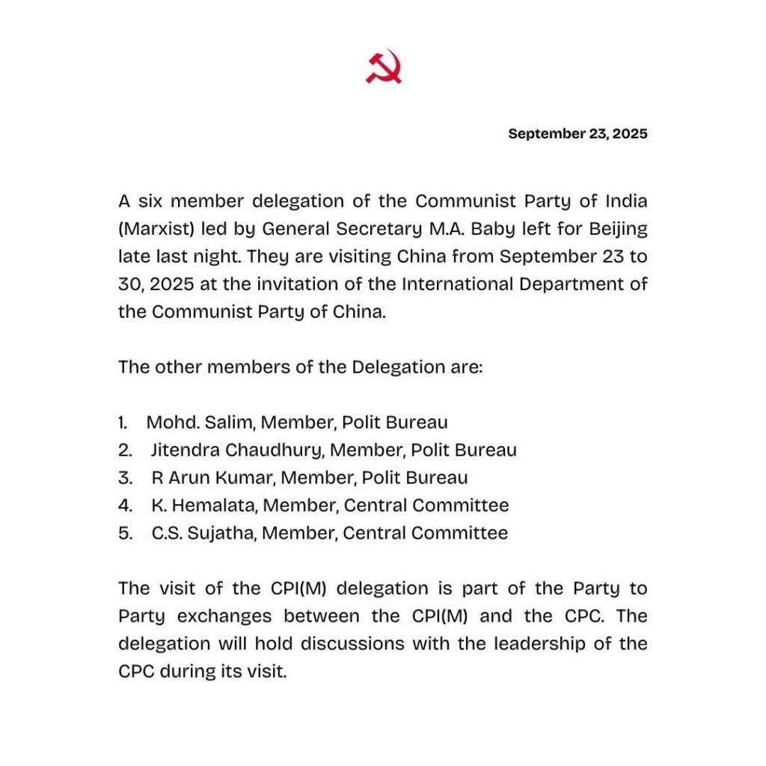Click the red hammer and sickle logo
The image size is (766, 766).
click(383, 67)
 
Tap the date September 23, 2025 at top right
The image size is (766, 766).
click(577, 134)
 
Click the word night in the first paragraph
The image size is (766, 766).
click(207, 257)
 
